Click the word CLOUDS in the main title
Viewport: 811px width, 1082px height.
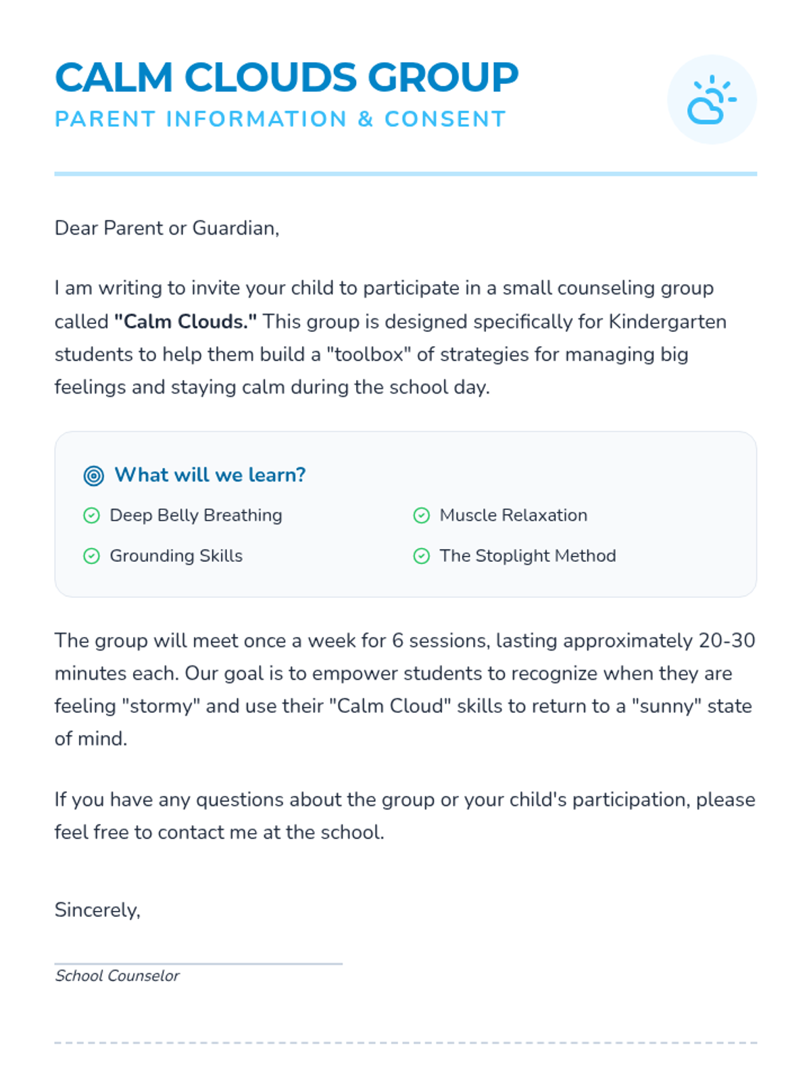(x=270, y=77)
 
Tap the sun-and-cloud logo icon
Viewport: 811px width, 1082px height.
(x=712, y=99)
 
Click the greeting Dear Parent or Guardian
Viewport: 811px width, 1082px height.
(x=166, y=229)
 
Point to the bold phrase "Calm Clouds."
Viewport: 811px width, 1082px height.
(x=185, y=321)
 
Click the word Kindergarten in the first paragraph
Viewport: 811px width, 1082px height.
(x=667, y=321)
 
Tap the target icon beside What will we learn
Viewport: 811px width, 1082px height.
(x=94, y=475)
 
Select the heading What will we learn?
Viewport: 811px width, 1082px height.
(x=210, y=475)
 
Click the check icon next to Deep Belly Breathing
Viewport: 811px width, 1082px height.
(x=91, y=515)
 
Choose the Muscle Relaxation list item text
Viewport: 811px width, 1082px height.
(x=513, y=515)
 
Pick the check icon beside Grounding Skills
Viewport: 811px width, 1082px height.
(x=91, y=556)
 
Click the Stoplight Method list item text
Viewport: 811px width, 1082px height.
(x=527, y=556)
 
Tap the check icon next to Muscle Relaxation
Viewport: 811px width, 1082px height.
(x=421, y=515)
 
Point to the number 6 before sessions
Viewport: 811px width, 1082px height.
(x=397, y=640)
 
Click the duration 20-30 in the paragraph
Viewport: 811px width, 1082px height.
(x=727, y=640)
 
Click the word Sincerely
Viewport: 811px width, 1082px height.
(x=97, y=910)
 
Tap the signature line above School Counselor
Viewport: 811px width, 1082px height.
(x=198, y=964)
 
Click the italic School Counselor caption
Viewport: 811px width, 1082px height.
(x=117, y=976)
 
